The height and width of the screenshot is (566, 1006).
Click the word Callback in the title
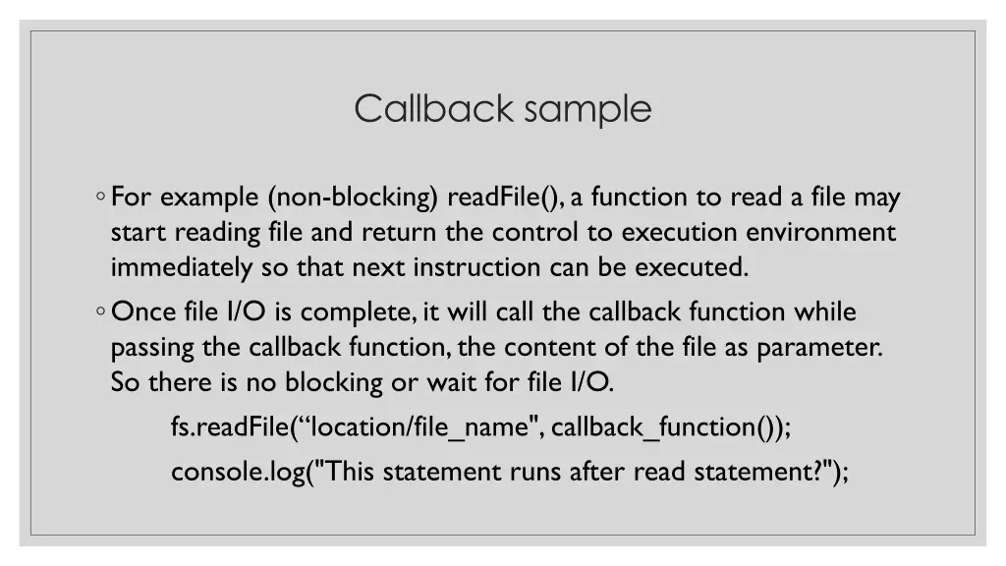[x=434, y=108]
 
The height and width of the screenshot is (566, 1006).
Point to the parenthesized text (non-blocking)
[x=353, y=198]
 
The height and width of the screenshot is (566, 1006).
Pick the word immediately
[x=182, y=267]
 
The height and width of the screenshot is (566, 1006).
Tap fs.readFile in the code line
[x=230, y=427]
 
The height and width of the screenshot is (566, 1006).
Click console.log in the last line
[x=237, y=473]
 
